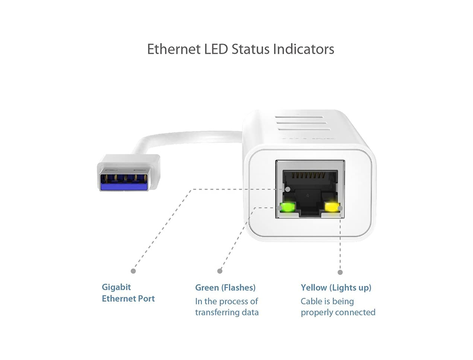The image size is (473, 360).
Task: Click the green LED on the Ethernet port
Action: [287, 208]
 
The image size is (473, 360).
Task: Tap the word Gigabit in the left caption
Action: [116, 287]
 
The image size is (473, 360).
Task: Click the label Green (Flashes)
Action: [225, 288]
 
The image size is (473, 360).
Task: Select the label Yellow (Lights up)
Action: [336, 288]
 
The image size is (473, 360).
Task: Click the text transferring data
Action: [227, 312]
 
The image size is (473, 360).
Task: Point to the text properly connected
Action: [338, 312]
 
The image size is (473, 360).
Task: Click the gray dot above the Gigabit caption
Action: [133, 271]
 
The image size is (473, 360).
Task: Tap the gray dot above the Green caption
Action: [220, 271]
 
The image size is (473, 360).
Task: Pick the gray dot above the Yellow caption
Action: [340, 272]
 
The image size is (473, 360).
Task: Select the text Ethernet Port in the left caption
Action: [128, 298]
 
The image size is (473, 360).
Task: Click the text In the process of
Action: [227, 301]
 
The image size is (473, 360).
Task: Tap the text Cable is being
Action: [327, 301]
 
